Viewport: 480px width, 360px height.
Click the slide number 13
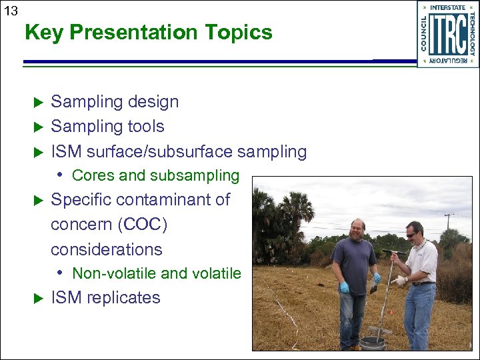(11, 11)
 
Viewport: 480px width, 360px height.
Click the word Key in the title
(42, 32)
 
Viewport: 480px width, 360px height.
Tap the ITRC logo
(447, 34)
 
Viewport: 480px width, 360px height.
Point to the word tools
(142, 126)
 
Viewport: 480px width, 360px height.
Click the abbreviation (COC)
(142, 225)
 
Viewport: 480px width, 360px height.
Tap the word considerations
(107, 249)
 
